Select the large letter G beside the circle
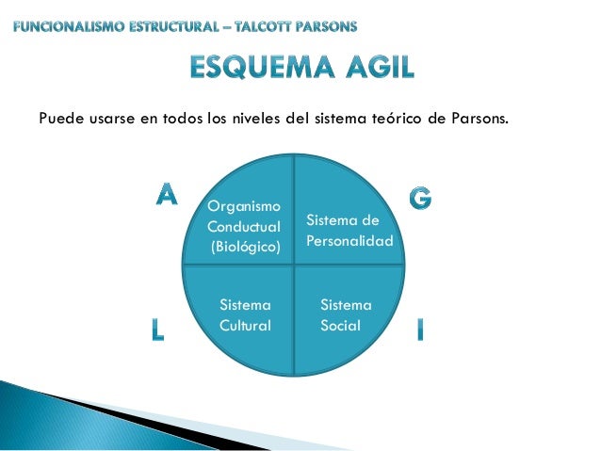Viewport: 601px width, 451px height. click(x=421, y=197)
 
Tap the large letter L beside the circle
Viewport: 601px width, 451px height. click(x=157, y=329)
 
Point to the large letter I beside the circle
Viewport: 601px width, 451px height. click(x=419, y=329)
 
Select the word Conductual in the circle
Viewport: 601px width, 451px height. click(x=244, y=227)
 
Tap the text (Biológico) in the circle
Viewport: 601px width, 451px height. click(x=245, y=248)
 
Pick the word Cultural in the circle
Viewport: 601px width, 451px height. click(x=245, y=325)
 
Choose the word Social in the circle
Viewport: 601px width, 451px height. click(x=340, y=325)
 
